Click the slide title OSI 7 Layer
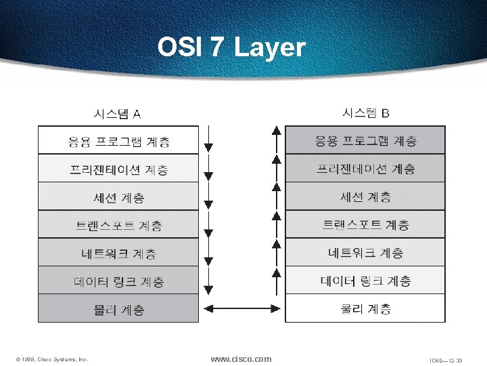pyautogui.click(x=231, y=48)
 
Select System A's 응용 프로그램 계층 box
pyautogui.click(x=119, y=140)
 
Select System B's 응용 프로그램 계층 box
pyautogui.click(x=365, y=140)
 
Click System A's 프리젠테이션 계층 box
pyautogui.click(x=119, y=169)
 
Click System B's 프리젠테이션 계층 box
pyautogui.click(x=365, y=168)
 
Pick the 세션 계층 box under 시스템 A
pyautogui.click(x=119, y=197)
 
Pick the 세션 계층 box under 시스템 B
pyautogui.click(x=365, y=197)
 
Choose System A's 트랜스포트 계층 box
pyautogui.click(x=119, y=225)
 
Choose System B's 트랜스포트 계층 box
pyautogui.click(x=365, y=224)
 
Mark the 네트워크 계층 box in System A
pyautogui.click(x=119, y=253)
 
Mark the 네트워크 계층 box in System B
pyautogui.click(x=365, y=252)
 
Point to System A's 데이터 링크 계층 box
pyautogui.click(x=119, y=281)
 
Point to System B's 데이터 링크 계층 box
pyautogui.click(x=365, y=280)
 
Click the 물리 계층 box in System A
pyautogui.click(x=119, y=309)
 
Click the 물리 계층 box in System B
pyautogui.click(x=365, y=308)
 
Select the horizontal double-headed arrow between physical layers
pyautogui.click(x=242, y=309)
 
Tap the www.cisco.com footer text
pyautogui.click(x=241, y=359)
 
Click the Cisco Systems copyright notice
pyautogui.click(x=52, y=359)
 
